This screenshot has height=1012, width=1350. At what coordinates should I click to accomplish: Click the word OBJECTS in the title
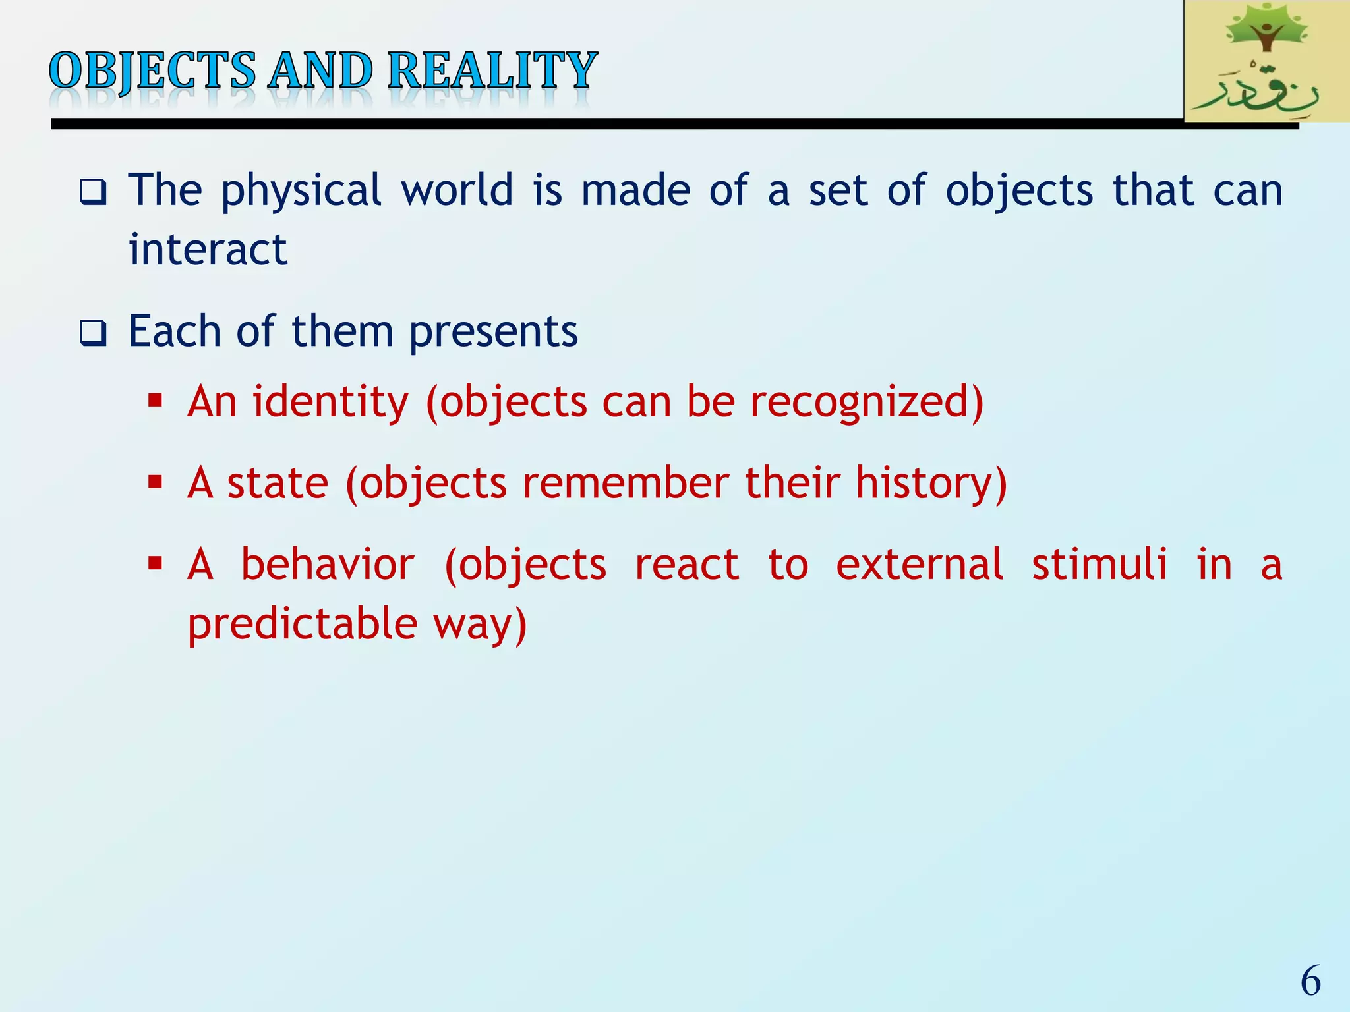pos(152,70)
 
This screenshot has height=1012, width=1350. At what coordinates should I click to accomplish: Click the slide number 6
pos(1310,981)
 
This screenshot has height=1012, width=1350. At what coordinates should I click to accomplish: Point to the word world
pos(457,190)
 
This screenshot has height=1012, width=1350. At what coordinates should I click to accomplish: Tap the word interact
pos(208,250)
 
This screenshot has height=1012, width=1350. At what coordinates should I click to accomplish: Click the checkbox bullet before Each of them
pos(93,333)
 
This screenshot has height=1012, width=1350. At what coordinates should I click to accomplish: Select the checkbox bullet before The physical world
pos(93,192)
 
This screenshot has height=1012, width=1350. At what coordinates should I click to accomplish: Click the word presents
pos(493,332)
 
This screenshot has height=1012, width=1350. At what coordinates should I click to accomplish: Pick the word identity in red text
pos(330,403)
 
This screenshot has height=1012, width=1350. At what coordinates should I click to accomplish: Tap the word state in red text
pos(278,483)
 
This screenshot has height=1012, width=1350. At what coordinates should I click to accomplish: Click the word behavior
pos(328,565)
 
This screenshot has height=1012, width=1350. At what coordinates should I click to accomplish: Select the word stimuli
pos(1099,565)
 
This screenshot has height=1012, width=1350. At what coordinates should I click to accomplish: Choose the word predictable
pos(303,624)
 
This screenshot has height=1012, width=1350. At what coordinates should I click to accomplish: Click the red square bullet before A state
pos(156,483)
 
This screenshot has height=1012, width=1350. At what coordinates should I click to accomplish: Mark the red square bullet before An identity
pos(156,401)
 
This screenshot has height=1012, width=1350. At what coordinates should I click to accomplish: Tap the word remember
pos(626,483)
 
